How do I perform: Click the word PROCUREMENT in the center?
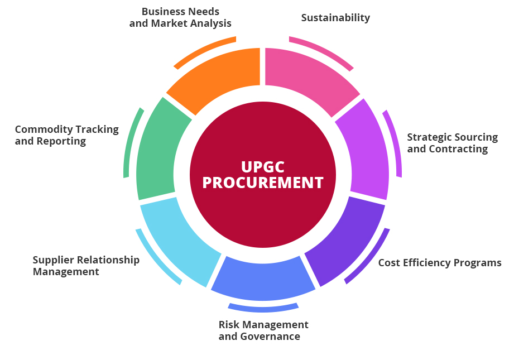[263, 183]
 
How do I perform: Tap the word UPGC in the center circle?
[263, 167]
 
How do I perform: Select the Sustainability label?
[335, 18]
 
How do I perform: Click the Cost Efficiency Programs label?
[440, 263]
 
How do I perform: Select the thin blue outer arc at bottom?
[263, 308]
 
